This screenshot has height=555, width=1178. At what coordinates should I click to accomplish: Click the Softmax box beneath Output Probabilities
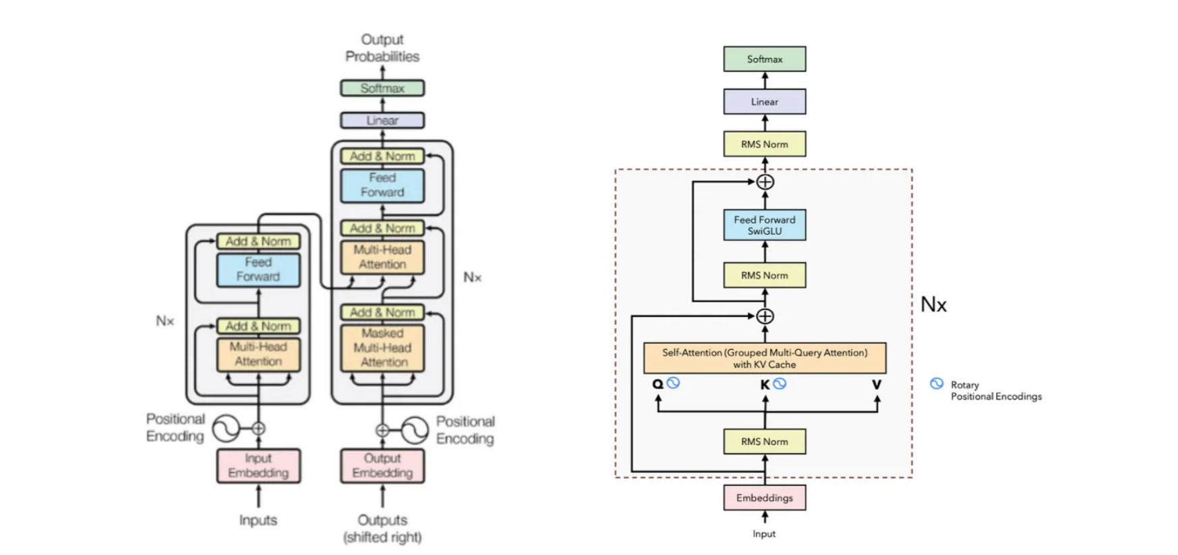[382, 88]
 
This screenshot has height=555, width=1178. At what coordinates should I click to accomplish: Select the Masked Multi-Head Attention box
[382, 348]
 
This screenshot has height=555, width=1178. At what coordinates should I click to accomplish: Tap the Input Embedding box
[258, 465]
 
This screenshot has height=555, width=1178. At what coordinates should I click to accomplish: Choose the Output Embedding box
[382, 465]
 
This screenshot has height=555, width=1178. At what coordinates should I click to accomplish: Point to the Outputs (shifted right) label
[382, 529]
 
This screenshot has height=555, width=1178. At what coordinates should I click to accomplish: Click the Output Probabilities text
[382, 48]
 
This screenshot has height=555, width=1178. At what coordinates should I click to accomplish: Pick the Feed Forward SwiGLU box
[765, 225]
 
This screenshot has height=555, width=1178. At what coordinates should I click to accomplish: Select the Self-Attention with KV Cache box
[765, 358]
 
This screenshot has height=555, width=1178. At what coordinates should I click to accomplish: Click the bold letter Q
[657, 384]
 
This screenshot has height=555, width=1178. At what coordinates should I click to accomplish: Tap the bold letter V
[877, 384]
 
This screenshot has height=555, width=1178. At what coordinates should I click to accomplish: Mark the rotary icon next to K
[780, 383]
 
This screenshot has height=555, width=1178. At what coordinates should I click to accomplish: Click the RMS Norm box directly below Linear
[765, 144]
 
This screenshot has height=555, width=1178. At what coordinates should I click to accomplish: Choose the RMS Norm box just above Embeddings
[765, 442]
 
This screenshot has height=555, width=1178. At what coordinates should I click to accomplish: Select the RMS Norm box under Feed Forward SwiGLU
[765, 275]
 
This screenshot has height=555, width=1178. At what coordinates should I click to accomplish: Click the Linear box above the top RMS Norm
[765, 102]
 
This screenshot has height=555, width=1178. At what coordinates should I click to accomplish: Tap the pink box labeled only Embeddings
[765, 498]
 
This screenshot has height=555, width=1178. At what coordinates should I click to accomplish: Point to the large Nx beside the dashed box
[934, 305]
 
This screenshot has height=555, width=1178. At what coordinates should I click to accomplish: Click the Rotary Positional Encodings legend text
[996, 390]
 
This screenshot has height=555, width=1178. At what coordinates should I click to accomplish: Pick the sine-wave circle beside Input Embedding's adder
[226, 428]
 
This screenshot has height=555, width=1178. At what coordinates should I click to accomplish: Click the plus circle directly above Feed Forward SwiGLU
[765, 182]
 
